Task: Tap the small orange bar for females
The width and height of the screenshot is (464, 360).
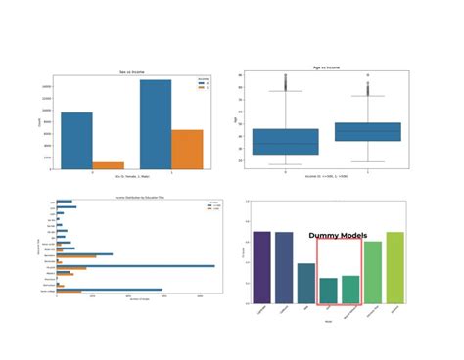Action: [108, 165]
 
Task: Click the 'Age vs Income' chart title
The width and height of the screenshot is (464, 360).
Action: [327, 69]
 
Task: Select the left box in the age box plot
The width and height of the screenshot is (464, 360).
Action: [285, 141]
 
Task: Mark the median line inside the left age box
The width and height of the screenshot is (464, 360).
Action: [285, 144]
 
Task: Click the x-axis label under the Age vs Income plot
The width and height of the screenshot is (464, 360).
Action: [327, 177]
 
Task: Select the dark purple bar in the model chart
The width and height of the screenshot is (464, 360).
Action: [261, 267]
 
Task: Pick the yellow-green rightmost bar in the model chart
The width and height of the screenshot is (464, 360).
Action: [394, 267]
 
